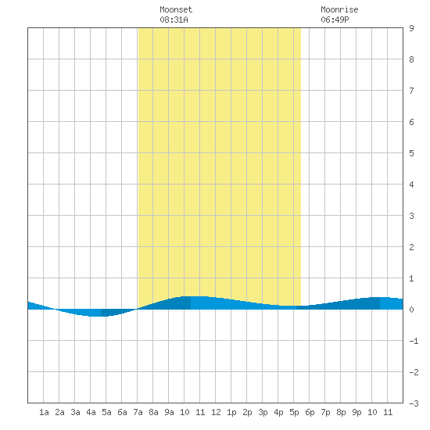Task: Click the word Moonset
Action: [x=176, y=9]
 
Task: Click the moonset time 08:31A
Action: [x=174, y=20]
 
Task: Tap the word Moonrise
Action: [x=339, y=9]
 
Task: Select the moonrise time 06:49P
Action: [x=335, y=20]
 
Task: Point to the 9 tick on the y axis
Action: [x=411, y=28]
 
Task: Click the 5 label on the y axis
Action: [x=411, y=153]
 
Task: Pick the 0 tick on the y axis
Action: [x=411, y=310]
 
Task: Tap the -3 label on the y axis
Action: [x=414, y=403]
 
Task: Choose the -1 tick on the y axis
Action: [x=414, y=341]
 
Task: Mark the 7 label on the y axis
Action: [x=411, y=91]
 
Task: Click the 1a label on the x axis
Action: [x=44, y=412]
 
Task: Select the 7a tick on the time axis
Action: [x=138, y=412]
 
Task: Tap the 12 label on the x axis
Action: [x=216, y=412]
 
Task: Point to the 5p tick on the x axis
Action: [x=294, y=412]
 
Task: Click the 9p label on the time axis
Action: [x=357, y=412]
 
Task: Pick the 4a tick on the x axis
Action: [x=91, y=412]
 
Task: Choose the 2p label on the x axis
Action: [x=247, y=412]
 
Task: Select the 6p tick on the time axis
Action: [x=310, y=412]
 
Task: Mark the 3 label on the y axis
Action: [x=411, y=216]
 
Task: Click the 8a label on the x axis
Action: [x=153, y=412]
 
